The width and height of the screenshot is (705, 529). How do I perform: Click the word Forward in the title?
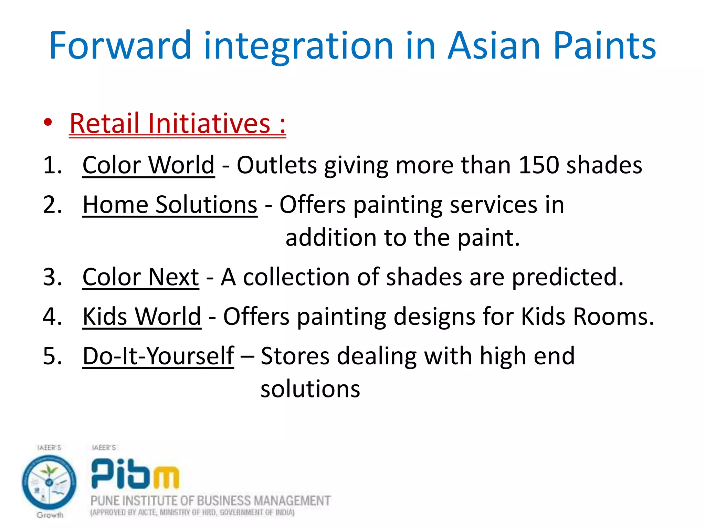click(x=120, y=45)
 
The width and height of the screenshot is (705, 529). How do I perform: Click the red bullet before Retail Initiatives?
click(x=48, y=123)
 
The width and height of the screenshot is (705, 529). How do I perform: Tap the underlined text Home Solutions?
click(x=170, y=205)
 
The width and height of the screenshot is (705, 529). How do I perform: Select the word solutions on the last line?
click(x=310, y=389)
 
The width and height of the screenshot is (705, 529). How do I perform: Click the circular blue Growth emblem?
click(x=49, y=482)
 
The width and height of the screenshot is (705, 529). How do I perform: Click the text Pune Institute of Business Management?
click(x=210, y=500)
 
